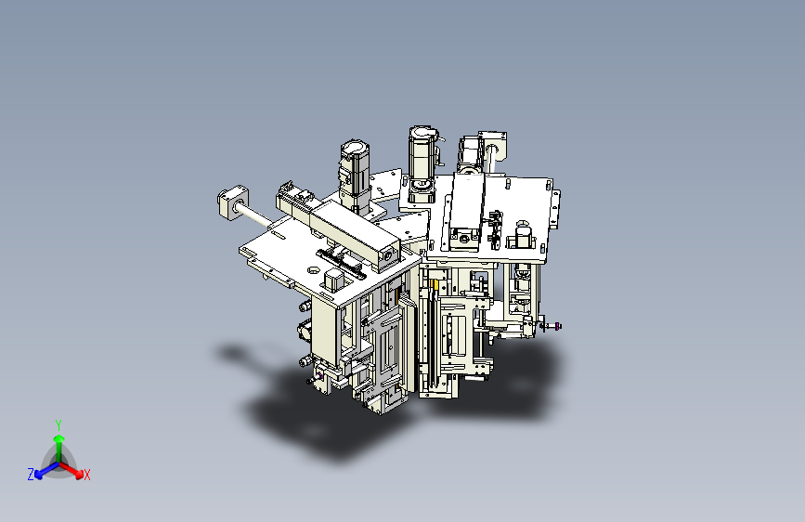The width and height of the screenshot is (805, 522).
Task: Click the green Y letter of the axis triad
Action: tap(58, 425)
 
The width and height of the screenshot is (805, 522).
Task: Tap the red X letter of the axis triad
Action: tap(86, 476)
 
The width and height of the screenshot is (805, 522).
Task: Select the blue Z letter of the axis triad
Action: tap(31, 475)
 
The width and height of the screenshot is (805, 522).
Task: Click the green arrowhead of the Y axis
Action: tap(59, 438)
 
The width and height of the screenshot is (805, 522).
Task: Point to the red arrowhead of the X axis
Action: tap(79, 474)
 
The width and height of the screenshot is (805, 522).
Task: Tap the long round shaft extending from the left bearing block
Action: tap(255, 215)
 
